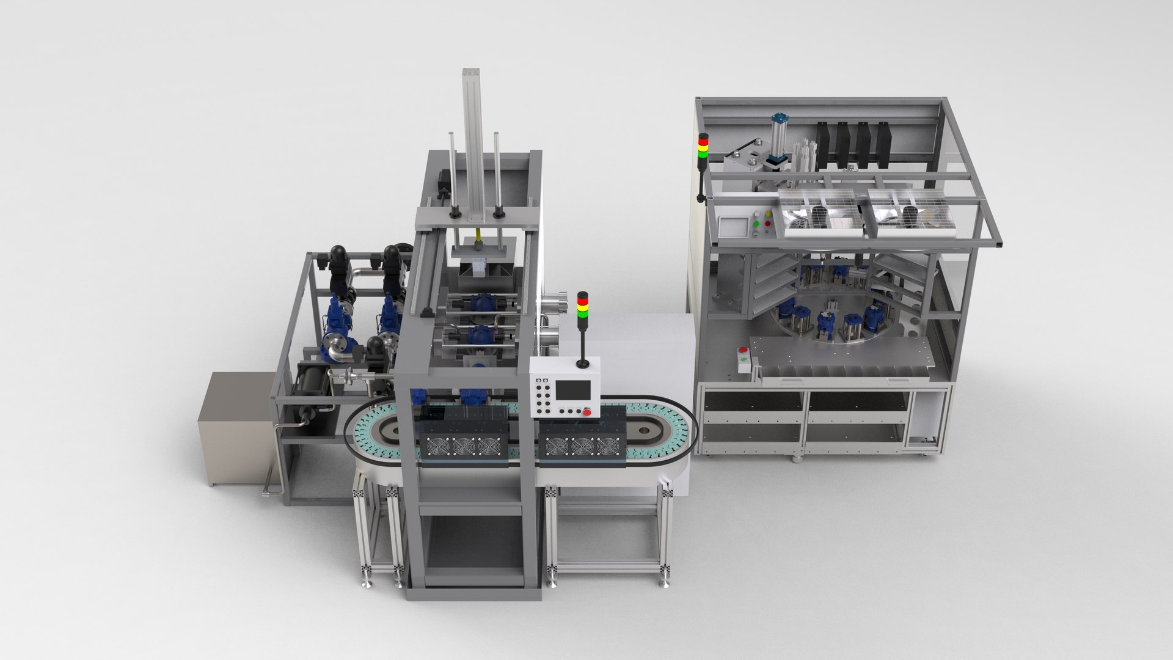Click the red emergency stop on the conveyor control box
(586, 411)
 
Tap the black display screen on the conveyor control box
(572, 390)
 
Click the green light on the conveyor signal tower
(582, 314)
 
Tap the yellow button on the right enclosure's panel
(767, 215)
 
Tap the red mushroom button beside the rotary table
(744, 351)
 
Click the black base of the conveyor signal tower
(583, 364)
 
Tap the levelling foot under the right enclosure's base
(798, 458)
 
